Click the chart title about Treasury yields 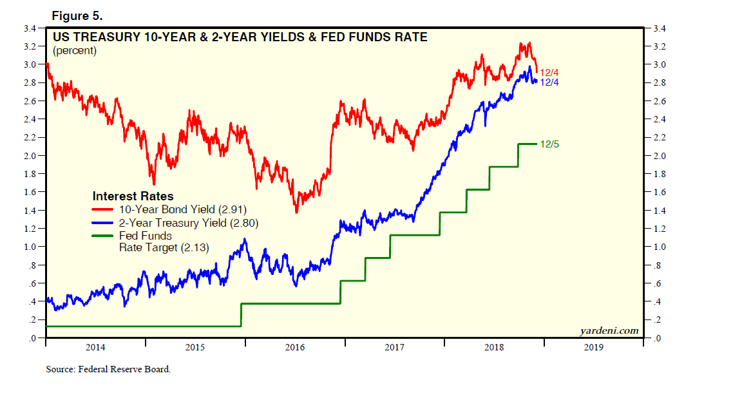point(240,37)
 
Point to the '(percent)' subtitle point(74,50)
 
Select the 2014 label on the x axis point(95,348)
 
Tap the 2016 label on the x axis point(294,348)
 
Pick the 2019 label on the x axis point(593,348)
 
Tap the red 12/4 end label point(549,73)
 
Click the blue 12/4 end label point(549,82)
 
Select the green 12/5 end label point(549,144)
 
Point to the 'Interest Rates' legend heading point(133,196)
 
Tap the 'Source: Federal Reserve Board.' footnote point(108,370)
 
